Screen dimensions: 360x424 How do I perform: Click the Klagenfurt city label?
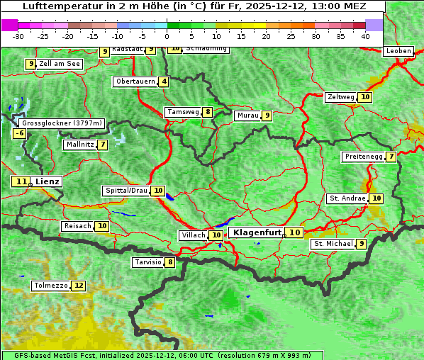point(257,232)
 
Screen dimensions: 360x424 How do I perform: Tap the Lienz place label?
point(48,181)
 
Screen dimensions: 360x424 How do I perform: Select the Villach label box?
point(193,235)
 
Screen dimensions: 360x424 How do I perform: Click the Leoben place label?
point(397,51)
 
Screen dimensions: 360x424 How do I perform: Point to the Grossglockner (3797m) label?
point(62,123)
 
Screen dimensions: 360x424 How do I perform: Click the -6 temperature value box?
point(20,133)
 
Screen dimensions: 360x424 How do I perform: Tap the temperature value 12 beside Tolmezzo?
point(78,286)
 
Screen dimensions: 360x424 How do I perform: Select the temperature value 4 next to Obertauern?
point(164,81)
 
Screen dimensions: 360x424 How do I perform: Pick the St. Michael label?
point(333,244)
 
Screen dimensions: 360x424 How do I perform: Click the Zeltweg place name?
point(340,97)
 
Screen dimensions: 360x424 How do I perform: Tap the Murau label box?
point(247,116)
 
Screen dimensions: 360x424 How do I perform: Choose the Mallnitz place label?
point(79,145)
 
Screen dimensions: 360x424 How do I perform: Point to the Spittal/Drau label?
point(126,191)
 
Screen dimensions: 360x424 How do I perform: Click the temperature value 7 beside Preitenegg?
point(391,157)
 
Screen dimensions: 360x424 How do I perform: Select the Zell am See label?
point(60,64)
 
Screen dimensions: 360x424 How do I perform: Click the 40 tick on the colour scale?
point(365,36)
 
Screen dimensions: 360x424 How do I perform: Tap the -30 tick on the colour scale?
point(18,36)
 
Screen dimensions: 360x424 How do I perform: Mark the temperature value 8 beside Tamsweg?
point(207,112)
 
